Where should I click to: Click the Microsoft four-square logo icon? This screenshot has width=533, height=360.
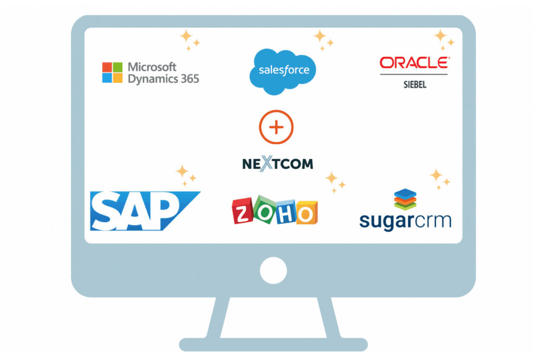coord(112,72)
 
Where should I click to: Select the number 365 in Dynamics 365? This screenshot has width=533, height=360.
coord(189,79)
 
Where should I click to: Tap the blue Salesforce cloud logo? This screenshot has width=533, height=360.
coord(283,71)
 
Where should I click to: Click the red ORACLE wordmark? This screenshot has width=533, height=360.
coord(415,63)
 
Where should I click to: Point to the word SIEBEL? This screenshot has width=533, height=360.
coord(415,85)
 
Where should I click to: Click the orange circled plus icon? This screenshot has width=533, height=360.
coord(276,127)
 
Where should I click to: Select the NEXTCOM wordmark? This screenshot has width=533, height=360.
coord(277,164)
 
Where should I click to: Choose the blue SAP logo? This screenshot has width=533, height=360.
coord(145,211)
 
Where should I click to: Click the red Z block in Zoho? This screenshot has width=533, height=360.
coord(243,211)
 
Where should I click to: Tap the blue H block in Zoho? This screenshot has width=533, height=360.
coord(286,214)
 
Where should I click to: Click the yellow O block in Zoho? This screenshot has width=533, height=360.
coord(307,213)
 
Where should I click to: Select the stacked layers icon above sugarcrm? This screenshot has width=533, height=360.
coord(405,199)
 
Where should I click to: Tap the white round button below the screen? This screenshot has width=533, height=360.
coord(273,271)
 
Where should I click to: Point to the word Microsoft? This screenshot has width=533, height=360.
coord(152,67)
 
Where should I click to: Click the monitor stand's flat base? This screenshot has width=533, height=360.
coord(273,344)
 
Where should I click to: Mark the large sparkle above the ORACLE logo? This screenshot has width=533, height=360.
coord(440,35)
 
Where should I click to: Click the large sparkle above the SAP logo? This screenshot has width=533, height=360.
coord(182,171)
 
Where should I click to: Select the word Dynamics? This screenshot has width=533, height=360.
coord(153,79)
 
